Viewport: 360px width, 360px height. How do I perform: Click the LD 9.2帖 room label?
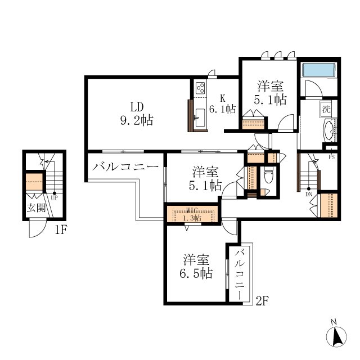point(137,114)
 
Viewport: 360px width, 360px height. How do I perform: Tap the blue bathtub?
point(319,70)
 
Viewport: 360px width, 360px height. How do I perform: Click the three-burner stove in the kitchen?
point(200,88)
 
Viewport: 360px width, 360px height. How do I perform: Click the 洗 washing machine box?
point(326,109)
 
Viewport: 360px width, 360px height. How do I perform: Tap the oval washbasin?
point(329,130)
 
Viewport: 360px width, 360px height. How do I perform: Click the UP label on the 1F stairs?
point(55,198)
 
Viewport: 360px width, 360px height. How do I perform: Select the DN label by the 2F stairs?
point(309,194)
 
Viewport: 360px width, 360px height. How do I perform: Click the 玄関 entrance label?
point(36,208)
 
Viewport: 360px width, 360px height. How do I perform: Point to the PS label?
point(331,157)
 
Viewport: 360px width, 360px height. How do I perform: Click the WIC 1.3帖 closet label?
point(192,214)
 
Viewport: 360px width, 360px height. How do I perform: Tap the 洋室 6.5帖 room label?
point(196,267)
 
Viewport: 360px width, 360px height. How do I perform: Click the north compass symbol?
point(336,336)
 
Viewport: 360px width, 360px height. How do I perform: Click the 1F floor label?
point(61,229)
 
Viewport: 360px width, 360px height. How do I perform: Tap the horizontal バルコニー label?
point(125,167)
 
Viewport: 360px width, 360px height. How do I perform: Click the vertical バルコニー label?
point(239,274)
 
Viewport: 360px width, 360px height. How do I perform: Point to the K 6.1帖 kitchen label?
point(223,104)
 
